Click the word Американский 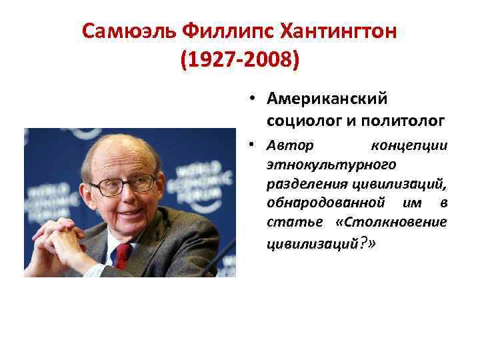point(326,99)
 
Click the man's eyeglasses point(123,184)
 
